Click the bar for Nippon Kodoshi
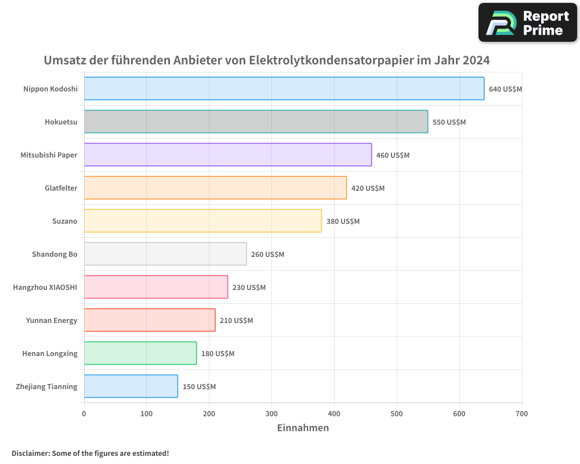click(284, 89)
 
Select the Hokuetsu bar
click(256, 122)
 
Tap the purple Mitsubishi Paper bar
click(228, 155)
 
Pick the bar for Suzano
click(203, 221)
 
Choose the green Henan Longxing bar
click(140, 353)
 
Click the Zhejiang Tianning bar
click(131, 386)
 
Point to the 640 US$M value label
click(505, 89)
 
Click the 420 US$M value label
click(368, 188)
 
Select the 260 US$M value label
click(267, 255)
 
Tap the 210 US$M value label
click(236, 321)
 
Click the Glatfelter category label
click(61, 188)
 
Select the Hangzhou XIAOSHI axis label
click(45, 288)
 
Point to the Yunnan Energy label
click(52, 321)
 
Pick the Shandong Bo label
click(55, 255)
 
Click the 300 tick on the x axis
click(271, 414)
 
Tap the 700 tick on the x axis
click(522, 414)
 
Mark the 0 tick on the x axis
click(84, 414)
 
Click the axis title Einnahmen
click(303, 428)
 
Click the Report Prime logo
click(527, 23)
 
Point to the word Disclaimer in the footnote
click(30, 454)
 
